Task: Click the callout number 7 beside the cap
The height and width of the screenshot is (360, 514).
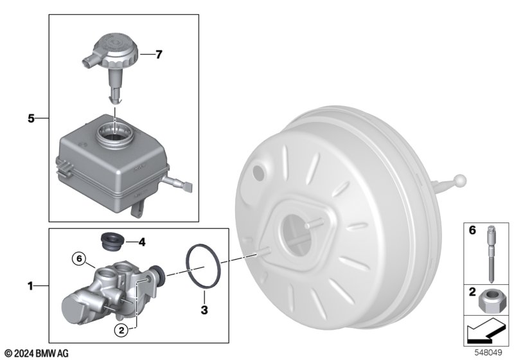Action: click(x=159, y=55)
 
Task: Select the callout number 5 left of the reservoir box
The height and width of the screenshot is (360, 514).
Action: click(x=31, y=118)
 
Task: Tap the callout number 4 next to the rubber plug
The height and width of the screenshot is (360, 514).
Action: click(x=141, y=242)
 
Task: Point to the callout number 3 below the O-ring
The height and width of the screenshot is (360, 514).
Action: click(x=204, y=310)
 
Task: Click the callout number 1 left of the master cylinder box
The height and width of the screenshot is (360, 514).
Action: click(x=30, y=286)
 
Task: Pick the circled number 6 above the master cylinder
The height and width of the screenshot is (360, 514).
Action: click(x=79, y=258)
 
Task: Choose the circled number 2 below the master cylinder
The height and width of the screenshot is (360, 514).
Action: click(x=121, y=330)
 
